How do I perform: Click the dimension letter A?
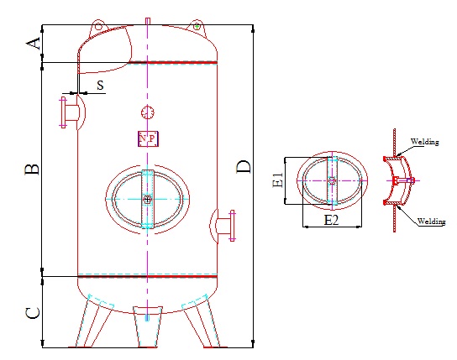pyautogui.click(x=34, y=44)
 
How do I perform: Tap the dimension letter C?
pyautogui.click(x=33, y=313)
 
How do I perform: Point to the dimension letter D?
pyautogui.click(x=243, y=167)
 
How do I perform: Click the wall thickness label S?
pyautogui.click(x=100, y=86)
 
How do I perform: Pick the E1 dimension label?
pyautogui.click(x=277, y=180)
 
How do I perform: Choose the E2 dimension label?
pyautogui.click(x=331, y=220)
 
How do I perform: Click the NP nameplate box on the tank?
pyautogui.click(x=148, y=138)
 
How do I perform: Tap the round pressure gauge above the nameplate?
pyautogui.click(x=148, y=112)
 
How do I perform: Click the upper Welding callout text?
pyautogui.click(x=424, y=142)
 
